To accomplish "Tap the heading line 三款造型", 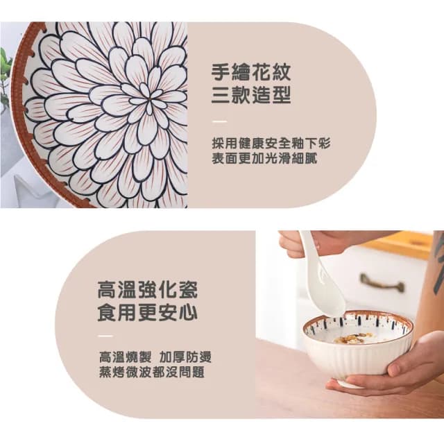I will click(250, 96).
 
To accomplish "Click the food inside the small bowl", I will click(355, 338).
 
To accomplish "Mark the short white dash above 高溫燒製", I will click(105, 337).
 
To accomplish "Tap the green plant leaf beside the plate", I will click(6, 69).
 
